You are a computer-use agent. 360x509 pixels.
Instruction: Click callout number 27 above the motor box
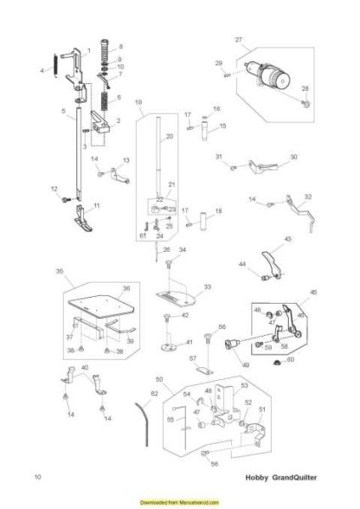(239, 40)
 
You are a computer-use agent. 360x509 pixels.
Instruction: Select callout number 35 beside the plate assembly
(59, 271)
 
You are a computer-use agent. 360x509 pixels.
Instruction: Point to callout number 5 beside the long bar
(64, 111)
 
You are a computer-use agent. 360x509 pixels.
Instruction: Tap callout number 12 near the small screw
(53, 188)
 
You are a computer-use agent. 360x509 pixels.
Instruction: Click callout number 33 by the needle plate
(207, 288)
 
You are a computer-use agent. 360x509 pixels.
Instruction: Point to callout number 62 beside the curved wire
(154, 394)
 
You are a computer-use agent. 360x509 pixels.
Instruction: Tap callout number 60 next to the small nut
(291, 360)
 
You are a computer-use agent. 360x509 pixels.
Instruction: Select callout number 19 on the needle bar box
(138, 102)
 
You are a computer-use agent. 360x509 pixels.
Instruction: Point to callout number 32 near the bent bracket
(307, 197)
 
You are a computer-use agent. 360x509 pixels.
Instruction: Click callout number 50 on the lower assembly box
(159, 379)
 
